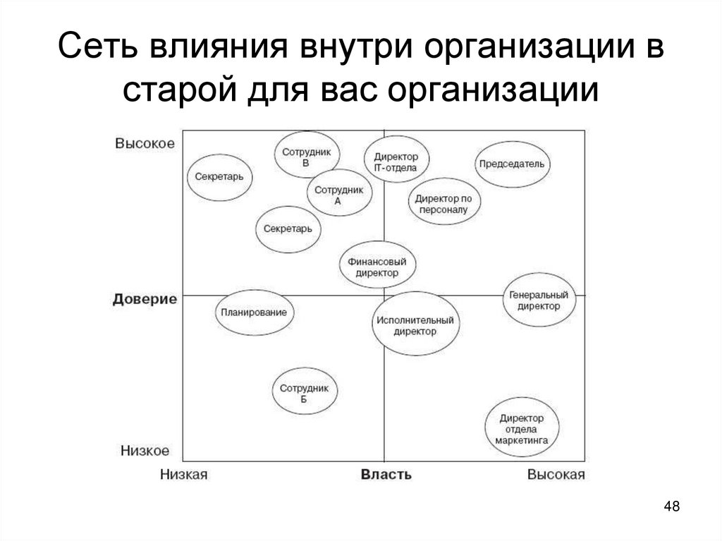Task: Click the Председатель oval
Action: point(512,164)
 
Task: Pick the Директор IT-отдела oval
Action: point(396,162)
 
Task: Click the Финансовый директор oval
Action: point(377,267)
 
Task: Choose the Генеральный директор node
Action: point(539,300)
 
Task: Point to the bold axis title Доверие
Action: point(145,299)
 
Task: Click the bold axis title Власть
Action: point(386,474)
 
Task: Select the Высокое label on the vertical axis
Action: point(145,142)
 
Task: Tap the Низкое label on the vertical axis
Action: point(145,449)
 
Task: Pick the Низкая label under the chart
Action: point(183,474)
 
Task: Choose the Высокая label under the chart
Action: point(556,474)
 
